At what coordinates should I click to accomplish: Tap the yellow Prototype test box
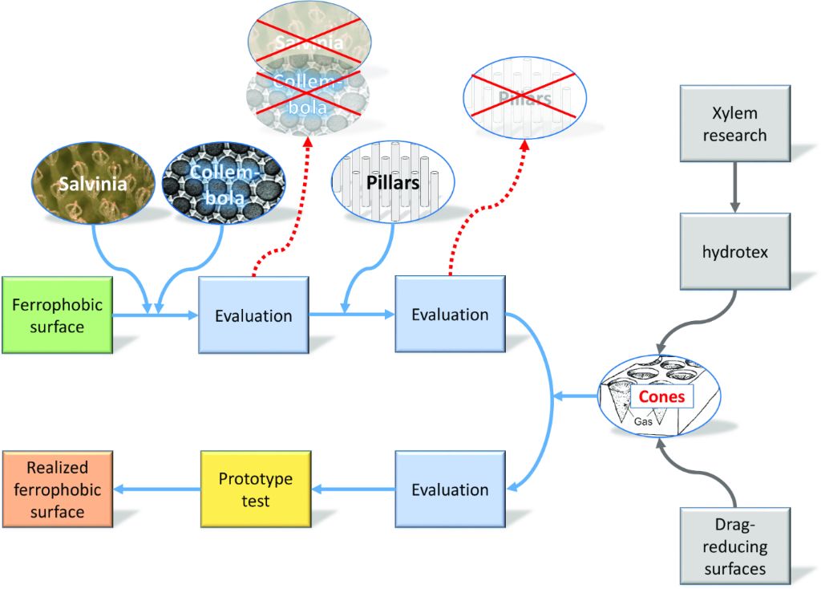pos(255,489)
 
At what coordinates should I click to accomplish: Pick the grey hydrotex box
pos(734,251)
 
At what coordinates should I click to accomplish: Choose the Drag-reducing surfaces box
pos(734,547)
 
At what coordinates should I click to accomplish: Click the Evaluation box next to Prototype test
pos(450,489)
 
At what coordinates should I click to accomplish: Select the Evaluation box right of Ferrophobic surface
pos(253,315)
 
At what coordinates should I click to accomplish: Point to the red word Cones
pos(661,396)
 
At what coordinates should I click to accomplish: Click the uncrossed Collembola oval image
pos(224,184)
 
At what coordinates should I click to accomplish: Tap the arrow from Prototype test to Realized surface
pos(156,489)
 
